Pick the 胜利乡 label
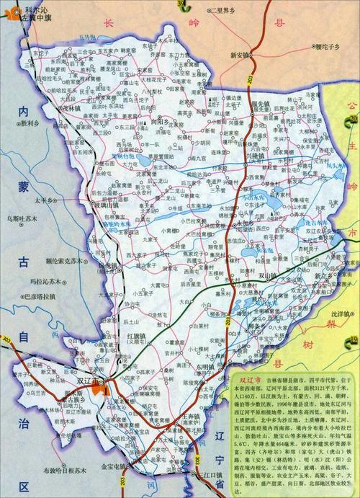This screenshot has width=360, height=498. coord(29,123)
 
